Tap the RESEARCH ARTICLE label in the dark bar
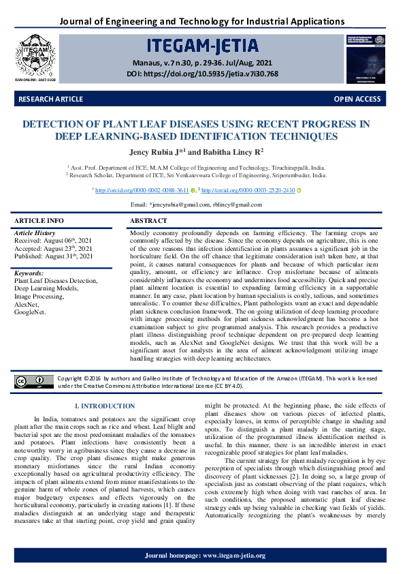(x=51, y=100)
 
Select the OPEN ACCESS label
(x=357, y=100)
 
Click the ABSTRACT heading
(x=148, y=221)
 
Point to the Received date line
(x=54, y=241)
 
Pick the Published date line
(x=54, y=256)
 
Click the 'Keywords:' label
(x=29, y=273)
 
